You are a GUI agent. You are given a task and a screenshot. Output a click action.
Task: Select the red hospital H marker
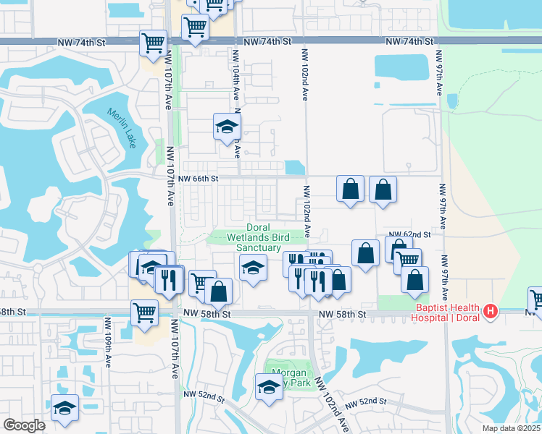point(491,312)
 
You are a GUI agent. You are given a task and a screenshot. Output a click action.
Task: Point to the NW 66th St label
point(197,179)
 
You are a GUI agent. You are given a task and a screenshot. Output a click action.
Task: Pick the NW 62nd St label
point(409,234)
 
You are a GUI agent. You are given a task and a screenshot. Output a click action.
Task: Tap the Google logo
point(24,425)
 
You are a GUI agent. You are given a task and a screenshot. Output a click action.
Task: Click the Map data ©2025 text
point(512,428)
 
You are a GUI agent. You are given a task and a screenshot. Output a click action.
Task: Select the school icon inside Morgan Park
point(269,386)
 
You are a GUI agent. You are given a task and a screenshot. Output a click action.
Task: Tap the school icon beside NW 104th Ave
point(227,127)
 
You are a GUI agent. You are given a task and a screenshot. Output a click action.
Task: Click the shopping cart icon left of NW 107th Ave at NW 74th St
point(154,43)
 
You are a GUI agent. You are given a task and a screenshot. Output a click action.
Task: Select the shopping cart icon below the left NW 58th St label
point(145,312)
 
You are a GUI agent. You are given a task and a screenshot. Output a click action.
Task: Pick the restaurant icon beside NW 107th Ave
point(169,279)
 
